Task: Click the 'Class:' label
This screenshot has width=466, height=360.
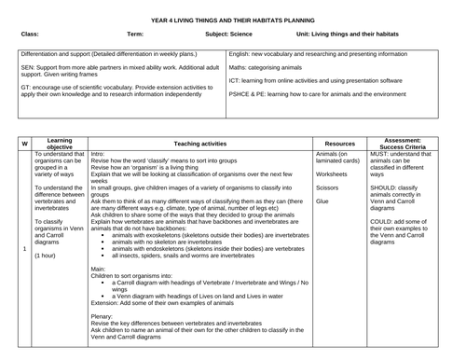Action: (x=29, y=34)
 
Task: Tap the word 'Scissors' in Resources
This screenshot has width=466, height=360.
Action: (x=329, y=187)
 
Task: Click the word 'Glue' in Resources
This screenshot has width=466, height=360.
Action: (x=322, y=200)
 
